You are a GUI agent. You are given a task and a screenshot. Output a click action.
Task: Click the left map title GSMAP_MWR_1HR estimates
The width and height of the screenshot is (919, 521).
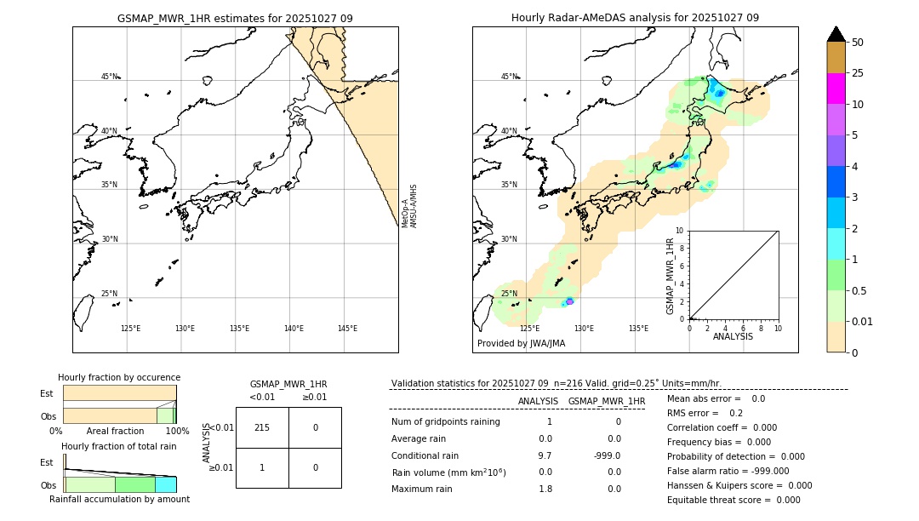[x=235, y=18]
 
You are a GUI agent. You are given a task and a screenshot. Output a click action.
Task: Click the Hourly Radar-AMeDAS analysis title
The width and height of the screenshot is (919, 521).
[x=635, y=18]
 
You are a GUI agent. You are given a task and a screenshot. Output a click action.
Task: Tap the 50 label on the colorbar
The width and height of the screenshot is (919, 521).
[x=858, y=43]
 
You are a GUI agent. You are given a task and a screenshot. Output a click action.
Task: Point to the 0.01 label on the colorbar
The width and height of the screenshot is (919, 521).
[x=863, y=321]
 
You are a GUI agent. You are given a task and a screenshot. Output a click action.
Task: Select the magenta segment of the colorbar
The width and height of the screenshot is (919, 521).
[x=836, y=89]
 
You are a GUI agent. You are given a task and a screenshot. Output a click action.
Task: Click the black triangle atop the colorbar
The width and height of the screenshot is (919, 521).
[x=836, y=34]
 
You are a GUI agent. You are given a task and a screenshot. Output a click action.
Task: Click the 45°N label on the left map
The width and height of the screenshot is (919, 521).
[x=109, y=77]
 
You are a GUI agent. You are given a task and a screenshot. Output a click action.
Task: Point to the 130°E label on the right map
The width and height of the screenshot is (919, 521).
[x=584, y=329]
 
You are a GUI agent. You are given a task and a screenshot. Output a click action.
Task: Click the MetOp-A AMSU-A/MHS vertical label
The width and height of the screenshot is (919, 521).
[x=409, y=206]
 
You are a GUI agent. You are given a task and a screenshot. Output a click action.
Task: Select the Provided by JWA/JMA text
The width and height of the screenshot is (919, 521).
[x=521, y=344]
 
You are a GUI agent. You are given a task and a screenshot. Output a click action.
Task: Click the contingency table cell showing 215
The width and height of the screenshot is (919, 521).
[x=262, y=427]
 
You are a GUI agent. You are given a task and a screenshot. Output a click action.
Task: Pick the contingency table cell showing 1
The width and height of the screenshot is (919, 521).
[x=262, y=467]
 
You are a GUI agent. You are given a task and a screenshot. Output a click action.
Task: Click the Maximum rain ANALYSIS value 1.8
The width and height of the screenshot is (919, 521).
[x=545, y=489]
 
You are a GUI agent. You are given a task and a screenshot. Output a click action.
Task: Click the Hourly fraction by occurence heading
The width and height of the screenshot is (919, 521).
[x=119, y=377]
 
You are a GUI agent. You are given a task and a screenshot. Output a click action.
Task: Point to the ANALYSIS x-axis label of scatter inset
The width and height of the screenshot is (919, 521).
[x=733, y=336]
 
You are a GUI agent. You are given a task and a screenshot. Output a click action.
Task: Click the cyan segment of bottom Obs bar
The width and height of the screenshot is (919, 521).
[x=165, y=484]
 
